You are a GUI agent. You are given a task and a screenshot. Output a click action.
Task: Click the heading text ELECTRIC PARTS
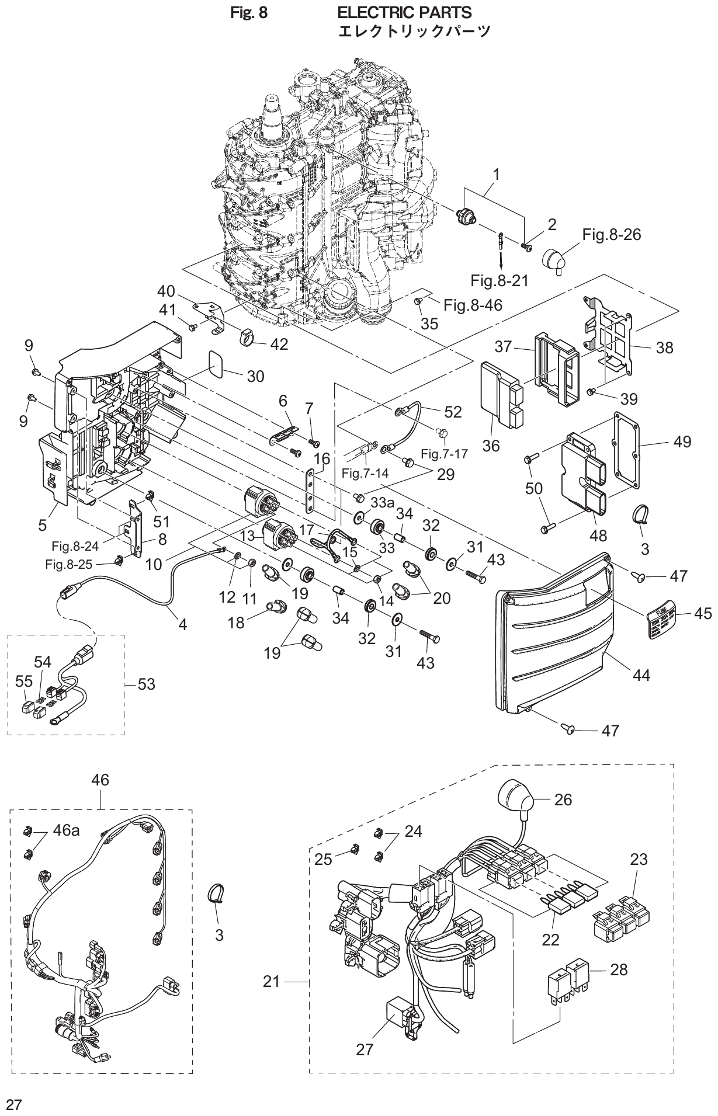405,12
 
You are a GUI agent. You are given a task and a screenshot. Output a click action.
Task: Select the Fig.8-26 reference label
611,234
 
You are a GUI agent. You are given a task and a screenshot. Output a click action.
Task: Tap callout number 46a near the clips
67,830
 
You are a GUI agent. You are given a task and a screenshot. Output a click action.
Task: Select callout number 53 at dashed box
146,683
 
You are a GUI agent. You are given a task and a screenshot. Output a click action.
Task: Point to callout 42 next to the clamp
279,344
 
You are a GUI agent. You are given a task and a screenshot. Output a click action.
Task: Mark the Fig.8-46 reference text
473,304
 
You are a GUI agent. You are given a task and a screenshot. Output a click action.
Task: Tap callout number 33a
383,501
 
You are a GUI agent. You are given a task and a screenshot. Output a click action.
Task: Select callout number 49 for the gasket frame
681,441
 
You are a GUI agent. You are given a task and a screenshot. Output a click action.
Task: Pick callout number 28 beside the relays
618,969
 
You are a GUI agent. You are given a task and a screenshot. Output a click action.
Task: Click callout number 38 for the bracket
664,348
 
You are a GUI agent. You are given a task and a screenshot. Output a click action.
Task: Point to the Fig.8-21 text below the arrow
499,281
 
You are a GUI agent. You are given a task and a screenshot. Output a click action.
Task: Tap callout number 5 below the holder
42,525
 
